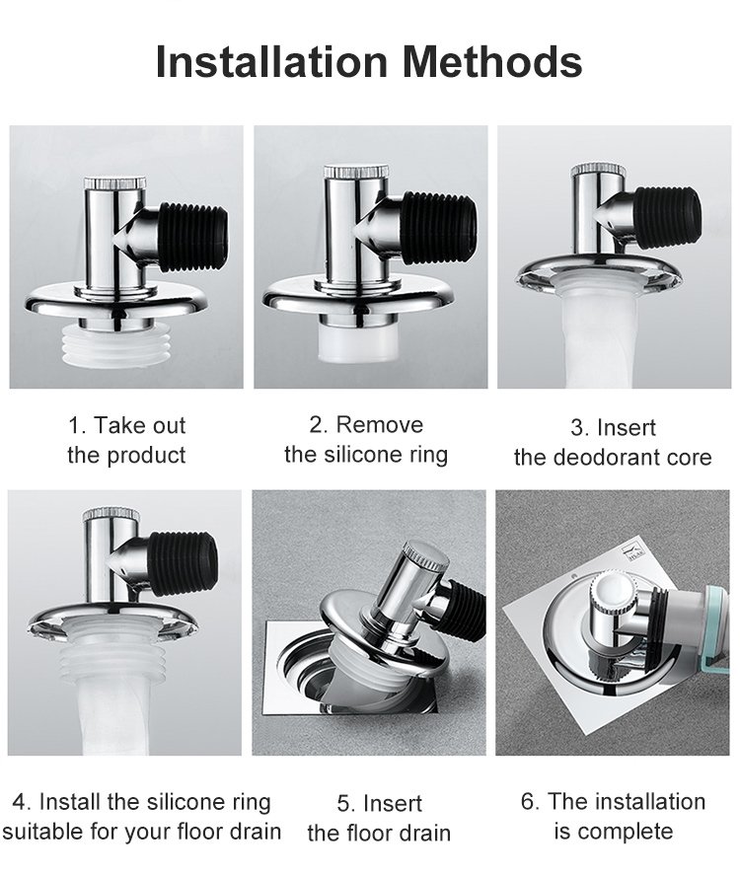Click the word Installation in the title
pyautogui.click(x=271, y=61)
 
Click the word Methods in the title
pyautogui.click(x=492, y=61)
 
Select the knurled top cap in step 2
pyautogui.click(x=356, y=171)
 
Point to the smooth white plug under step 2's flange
pyautogui.click(x=357, y=340)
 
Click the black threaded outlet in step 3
pyautogui.click(x=668, y=217)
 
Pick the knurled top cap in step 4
pyautogui.click(x=109, y=515)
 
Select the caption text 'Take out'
pyautogui.click(x=139, y=425)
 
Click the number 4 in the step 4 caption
pyautogui.click(x=20, y=802)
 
